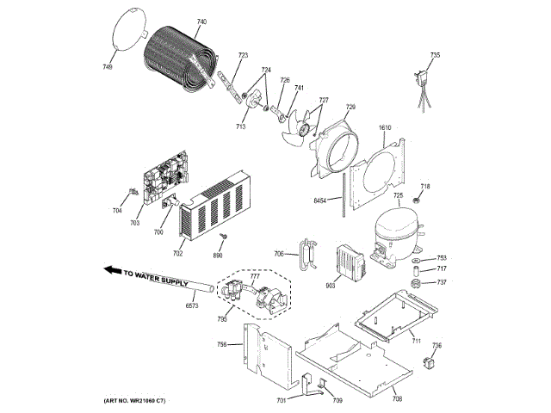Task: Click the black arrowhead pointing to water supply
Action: pyautogui.click(x=111, y=270)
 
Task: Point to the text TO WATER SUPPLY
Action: pyautogui.click(x=154, y=274)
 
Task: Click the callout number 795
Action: pyautogui.click(x=222, y=319)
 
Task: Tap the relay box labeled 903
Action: pyautogui.click(x=350, y=260)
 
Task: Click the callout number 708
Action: pyautogui.click(x=396, y=399)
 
